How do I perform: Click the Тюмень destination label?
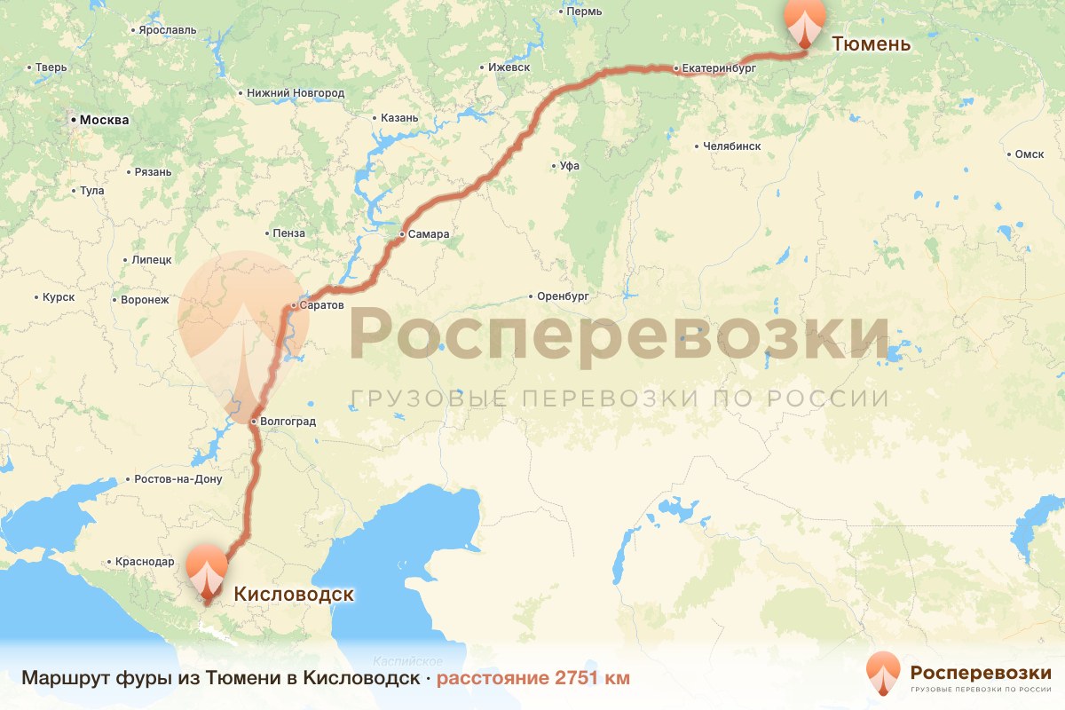pyautogui.click(x=871, y=43)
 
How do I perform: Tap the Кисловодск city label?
pyautogui.click(x=294, y=594)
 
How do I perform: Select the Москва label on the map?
pyautogui.click(x=104, y=120)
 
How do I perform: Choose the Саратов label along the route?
pyautogui.click(x=322, y=305)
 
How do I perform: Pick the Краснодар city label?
pyautogui.click(x=145, y=562)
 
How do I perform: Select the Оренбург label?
pyautogui.click(x=563, y=296)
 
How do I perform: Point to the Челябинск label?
pyautogui.click(x=731, y=146)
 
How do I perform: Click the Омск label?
pyautogui.click(x=1029, y=154)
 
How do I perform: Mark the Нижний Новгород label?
pyautogui.click(x=296, y=93)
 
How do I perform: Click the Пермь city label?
pyautogui.click(x=584, y=12)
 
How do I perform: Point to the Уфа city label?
pyautogui.click(x=570, y=165)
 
